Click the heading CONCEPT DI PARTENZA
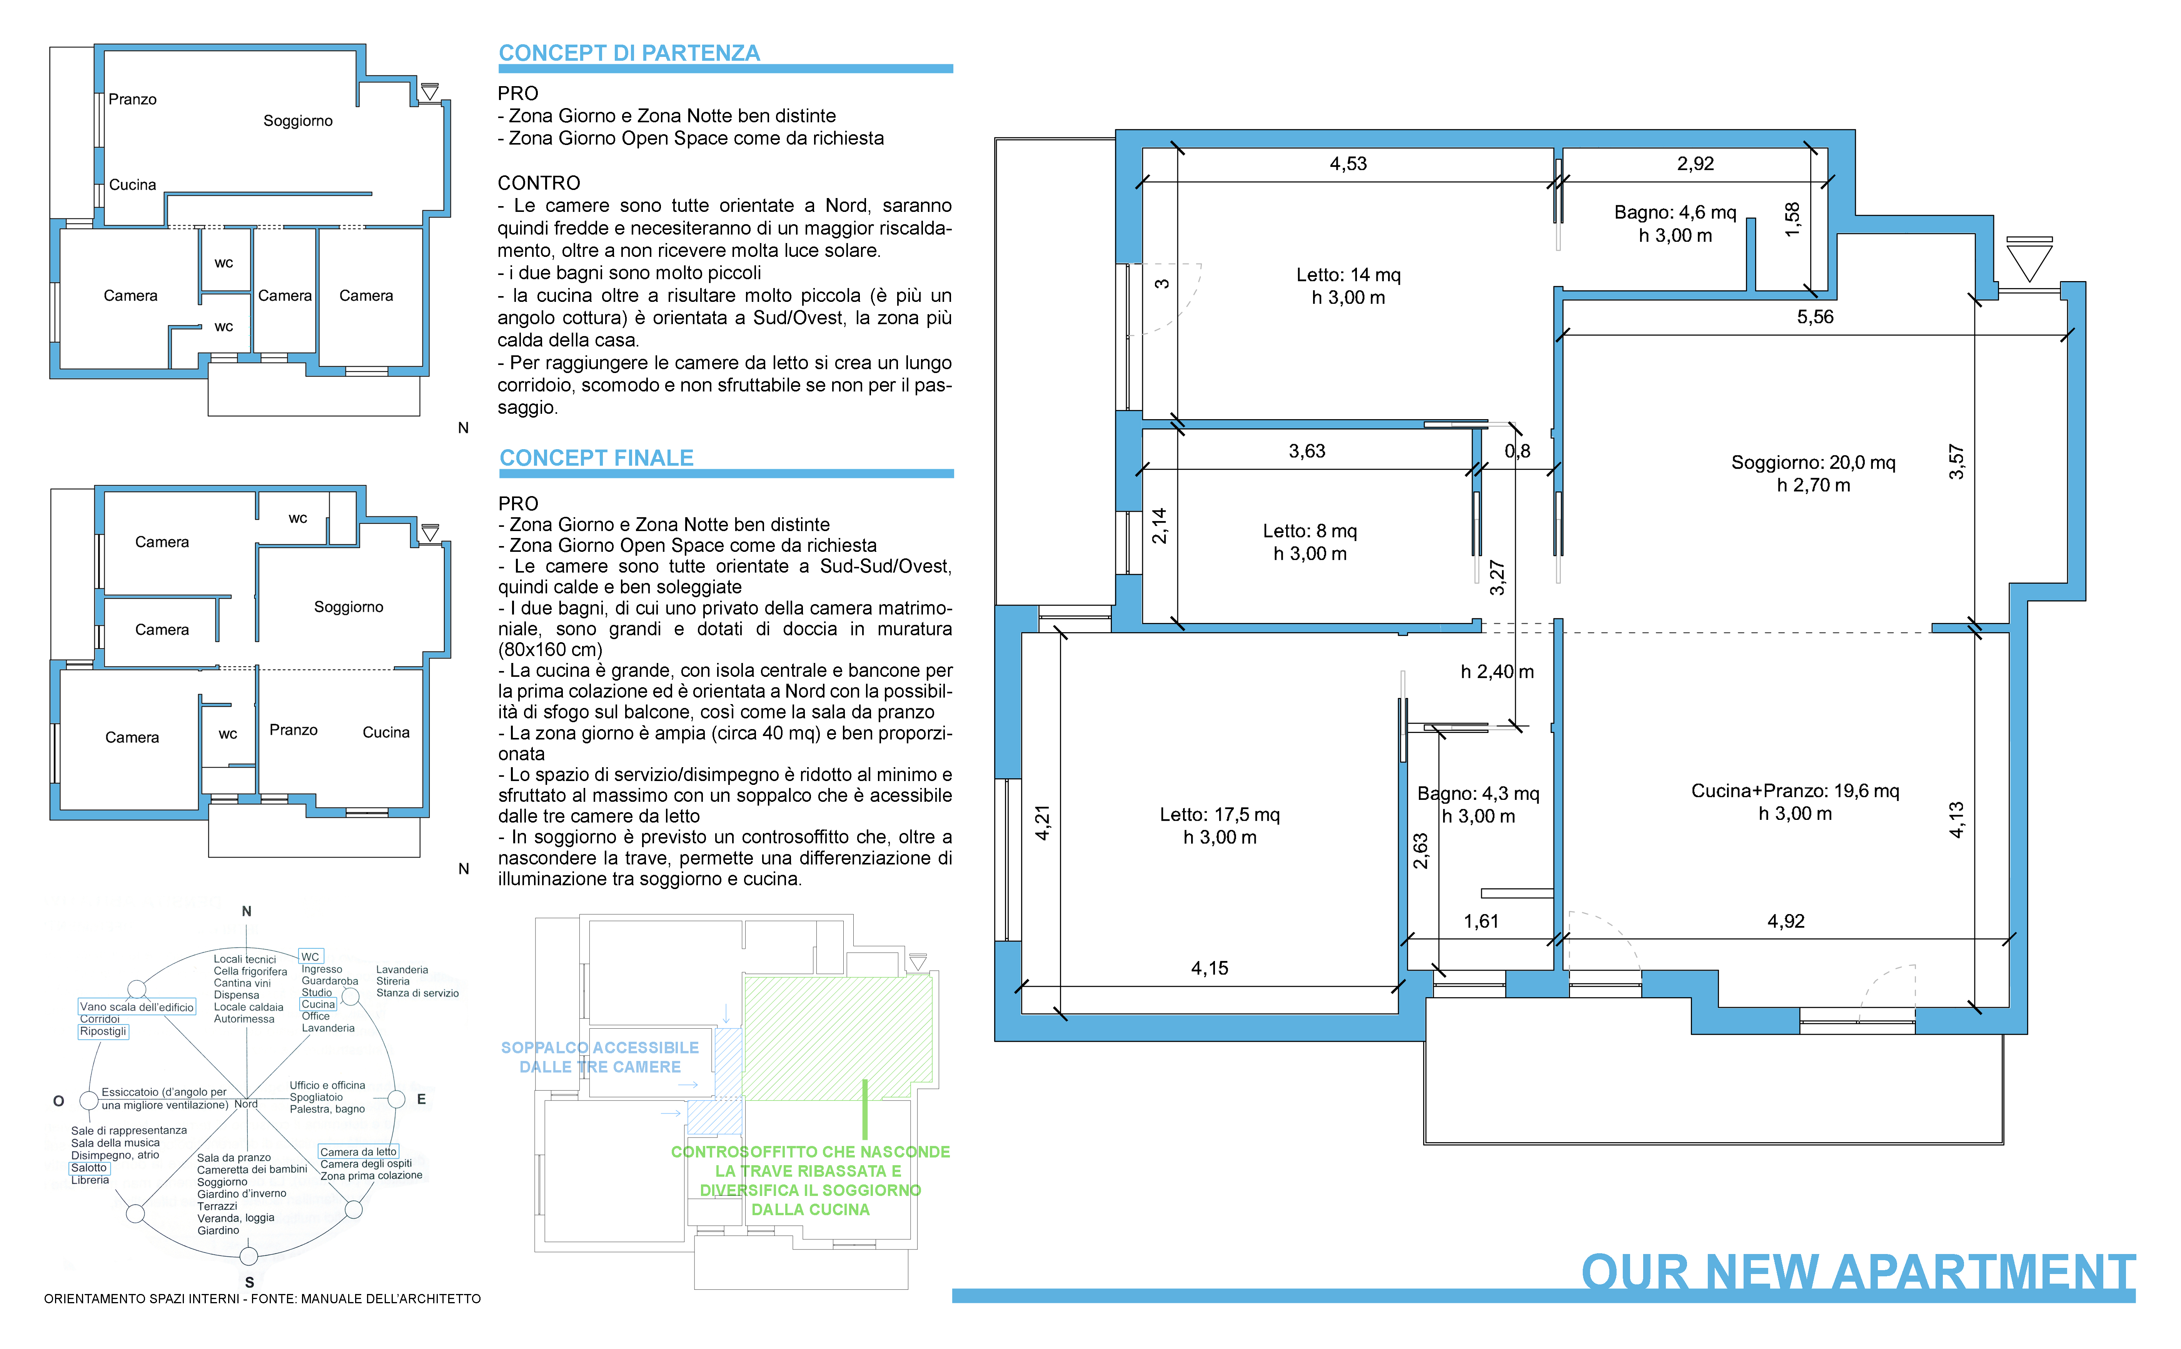(629, 53)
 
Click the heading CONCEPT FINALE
(596, 459)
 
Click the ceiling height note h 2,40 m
(1497, 672)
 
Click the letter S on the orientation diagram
(249, 1282)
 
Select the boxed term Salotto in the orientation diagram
(89, 1168)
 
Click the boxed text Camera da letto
(358, 1152)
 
